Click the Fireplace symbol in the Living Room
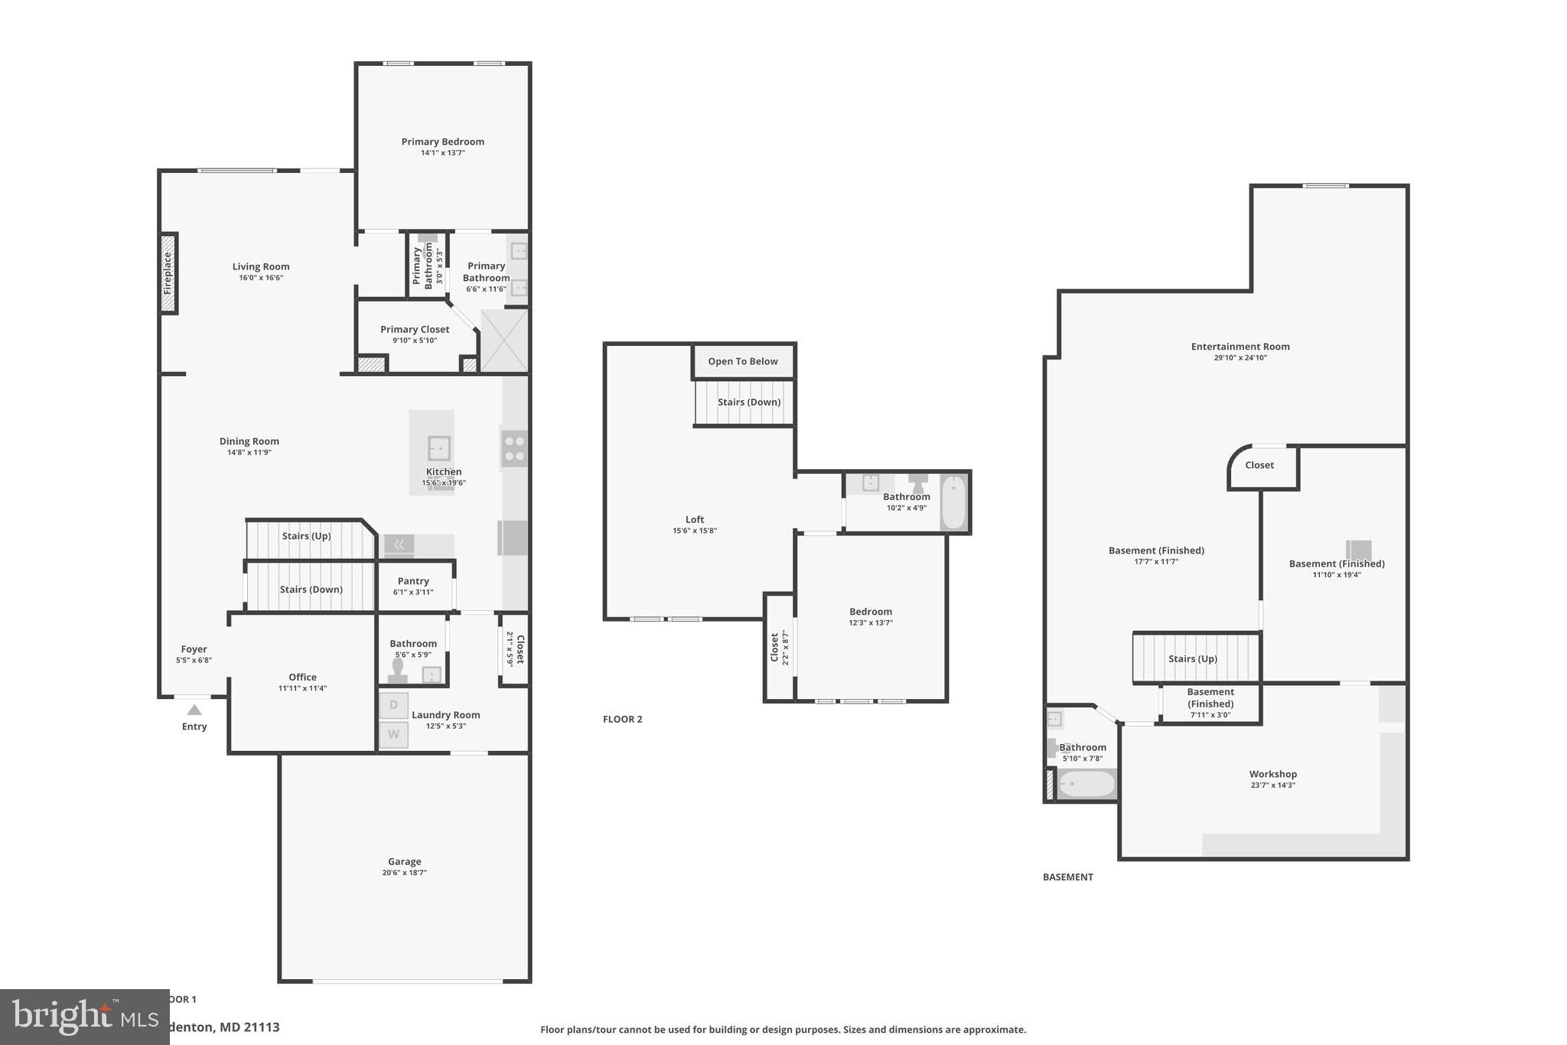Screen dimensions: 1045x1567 pyautogui.click(x=168, y=273)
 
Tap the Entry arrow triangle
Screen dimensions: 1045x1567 pyautogui.click(x=194, y=710)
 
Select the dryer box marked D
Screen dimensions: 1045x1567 pyautogui.click(x=394, y=705)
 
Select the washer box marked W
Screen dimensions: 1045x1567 pyautogui.click(x=394, y=734)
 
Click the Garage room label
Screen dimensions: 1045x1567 pyautogui.click(x=404, y=861)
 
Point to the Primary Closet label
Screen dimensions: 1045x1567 pyautogui.click(x=415, y=329)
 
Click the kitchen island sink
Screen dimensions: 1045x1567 pyautogui.click(x=438, y=447)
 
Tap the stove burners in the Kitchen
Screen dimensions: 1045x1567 pyautogui.click(x=514, y=449)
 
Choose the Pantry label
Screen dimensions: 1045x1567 pyautogui.click(x=413, y=581)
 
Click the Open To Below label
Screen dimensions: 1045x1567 pyautogui.click(x=742, y=361)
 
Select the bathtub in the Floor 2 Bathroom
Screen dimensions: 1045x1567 pyautogui.click(x=953, y=502)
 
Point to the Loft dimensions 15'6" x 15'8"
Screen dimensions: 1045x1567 pyautogui.click(x=695, y=531)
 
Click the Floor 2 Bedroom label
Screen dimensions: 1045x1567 pyautogui.click(x=871, y=612)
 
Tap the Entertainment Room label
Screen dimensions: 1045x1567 pyautogui.click(x=1240, y=347)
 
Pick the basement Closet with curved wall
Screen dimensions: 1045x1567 pyautogui.click(x=1259, y=465)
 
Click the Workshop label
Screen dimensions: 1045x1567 pyautogui.click(x=1272, y=774)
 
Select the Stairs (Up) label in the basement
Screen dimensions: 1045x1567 pyautogui.click(x=1192, y=658)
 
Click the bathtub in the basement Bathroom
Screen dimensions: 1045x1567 pyautogui.click(x=1086, y=785)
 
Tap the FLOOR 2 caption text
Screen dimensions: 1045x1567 pyautogui.click(x=622, y=719)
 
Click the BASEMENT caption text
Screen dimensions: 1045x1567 pyautogui.click(x=1067, y=877)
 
